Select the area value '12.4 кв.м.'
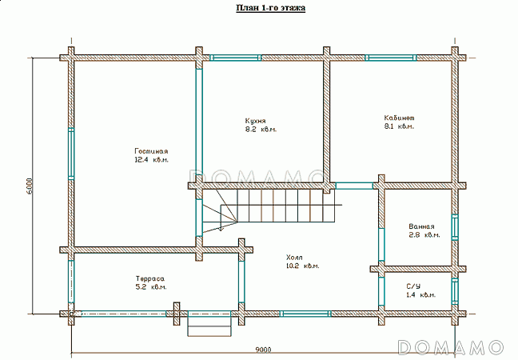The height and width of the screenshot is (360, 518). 150,160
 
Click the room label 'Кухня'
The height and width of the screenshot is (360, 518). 255,120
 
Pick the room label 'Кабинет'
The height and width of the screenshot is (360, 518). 399,117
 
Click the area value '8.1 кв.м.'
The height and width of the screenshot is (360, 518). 399,126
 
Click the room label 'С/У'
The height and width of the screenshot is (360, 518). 413,286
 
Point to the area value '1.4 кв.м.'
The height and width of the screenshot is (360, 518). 420,295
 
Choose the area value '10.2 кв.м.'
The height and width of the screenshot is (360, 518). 302,266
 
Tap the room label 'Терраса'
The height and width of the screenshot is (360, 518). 149,278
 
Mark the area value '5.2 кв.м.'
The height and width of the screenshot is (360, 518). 151,287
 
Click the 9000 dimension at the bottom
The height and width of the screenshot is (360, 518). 263,349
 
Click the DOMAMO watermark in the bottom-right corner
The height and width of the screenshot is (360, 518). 451,346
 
